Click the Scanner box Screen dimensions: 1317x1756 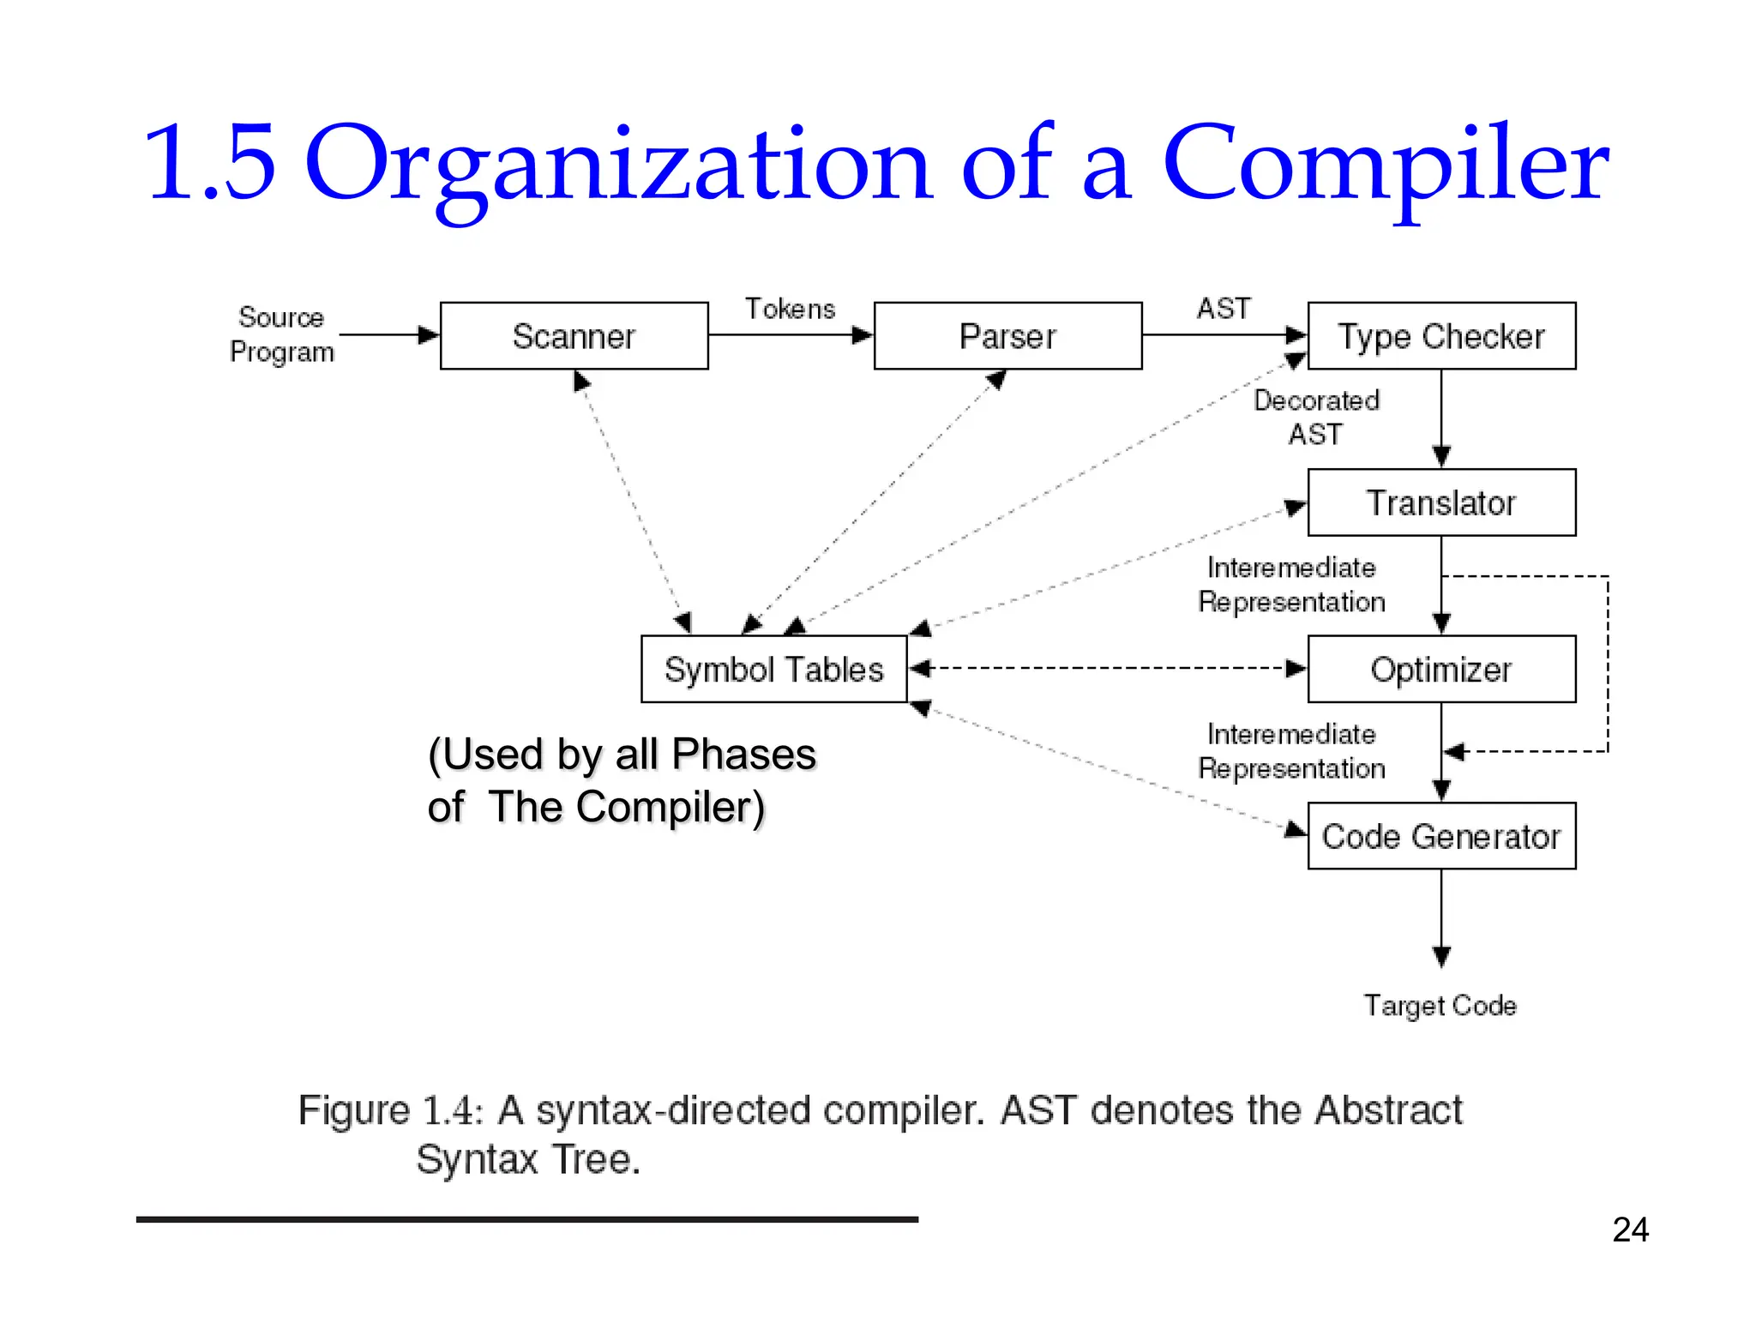(x=574, y=336)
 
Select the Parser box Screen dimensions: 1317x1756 (x=1007, y=336)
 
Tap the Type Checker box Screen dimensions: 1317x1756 (x=1441, y=336)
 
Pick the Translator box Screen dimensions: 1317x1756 (x=1441, y=502)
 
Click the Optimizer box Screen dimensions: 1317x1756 (x=1441, y=669)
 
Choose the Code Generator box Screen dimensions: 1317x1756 (x=1441, y=836)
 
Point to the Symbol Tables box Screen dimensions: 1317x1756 (x=773, y=669)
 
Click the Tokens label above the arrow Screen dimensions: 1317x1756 (x=790, y=309)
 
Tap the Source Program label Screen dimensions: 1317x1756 (x=281, y=334)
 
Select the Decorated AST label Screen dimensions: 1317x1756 (x=1316, y=417)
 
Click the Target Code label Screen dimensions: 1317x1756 (x=1440, y=1005)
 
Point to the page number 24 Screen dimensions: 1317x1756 (x=1630, y=1230)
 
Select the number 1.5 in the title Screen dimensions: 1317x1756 (x=210, y=163)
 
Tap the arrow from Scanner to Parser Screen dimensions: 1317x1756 (x=790, y=335)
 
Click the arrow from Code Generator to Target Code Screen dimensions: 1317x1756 (x=1441, y=917)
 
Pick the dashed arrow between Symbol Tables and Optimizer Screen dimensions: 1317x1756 (x=1106, y=669)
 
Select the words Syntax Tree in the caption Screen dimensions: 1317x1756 (x=528, y=1159)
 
